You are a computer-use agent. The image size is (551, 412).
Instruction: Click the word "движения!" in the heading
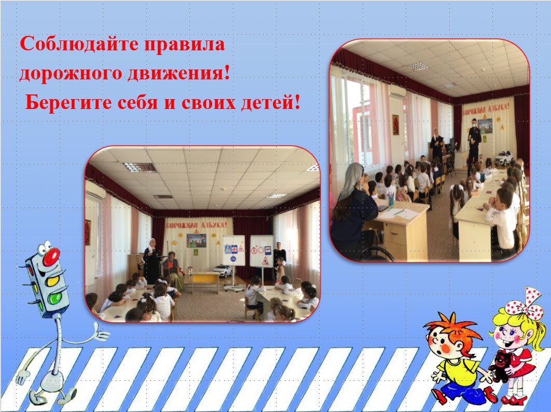point(178,74)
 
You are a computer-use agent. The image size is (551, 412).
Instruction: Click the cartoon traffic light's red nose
point(51,256)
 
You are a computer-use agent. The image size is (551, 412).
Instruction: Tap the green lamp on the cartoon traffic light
point(54,298)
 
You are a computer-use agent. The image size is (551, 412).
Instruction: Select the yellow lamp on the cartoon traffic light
point(53,281)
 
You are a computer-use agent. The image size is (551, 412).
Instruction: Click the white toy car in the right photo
point(503,158)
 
